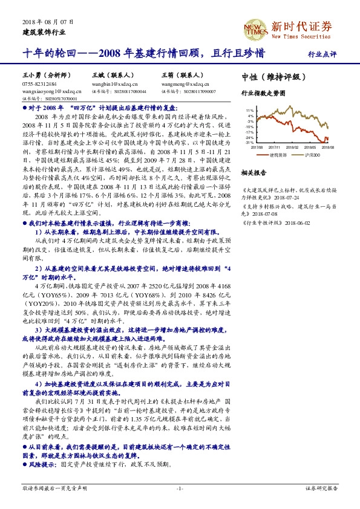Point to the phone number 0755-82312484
pyautogui.click(x=40, y=85)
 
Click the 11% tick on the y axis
pyautogui.click(x=250, y=110)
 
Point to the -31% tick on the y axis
pyautogui.click(x=250, y=143)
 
